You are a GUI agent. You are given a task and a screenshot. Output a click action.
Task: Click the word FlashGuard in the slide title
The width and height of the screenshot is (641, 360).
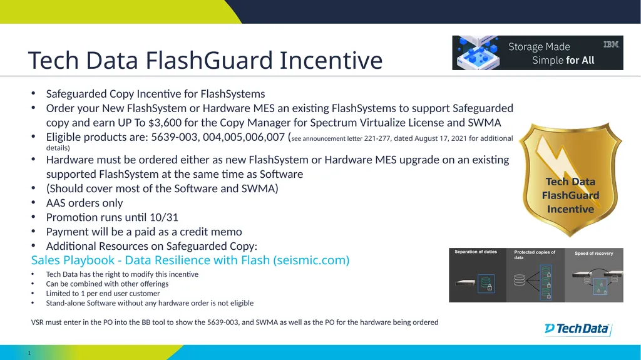tap(209, 60)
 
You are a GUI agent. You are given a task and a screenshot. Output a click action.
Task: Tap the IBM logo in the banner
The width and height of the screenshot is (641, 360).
tap(611, 44)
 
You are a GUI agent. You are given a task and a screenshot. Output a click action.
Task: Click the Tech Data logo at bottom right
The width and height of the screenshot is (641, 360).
tap(578, 329)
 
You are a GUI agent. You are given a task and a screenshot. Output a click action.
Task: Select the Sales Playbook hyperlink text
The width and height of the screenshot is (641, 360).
tap(190, 260)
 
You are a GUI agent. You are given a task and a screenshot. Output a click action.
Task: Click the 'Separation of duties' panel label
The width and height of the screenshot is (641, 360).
tap(476, 252)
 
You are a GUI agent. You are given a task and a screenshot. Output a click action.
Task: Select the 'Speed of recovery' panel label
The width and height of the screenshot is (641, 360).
tap(594, 254)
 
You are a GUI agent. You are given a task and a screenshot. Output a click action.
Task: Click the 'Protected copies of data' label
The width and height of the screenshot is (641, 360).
tap(535, 255)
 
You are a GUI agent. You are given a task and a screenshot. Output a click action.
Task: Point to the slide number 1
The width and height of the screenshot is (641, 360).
tap(29, 353)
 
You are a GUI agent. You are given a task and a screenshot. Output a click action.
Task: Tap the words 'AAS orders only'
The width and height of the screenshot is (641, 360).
tap(85, 203)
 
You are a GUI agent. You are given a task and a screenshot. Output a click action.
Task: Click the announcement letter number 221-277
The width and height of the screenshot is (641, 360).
tap(377, 138)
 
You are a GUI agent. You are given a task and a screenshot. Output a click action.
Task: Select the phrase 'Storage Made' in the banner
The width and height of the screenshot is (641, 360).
tap(539, 46)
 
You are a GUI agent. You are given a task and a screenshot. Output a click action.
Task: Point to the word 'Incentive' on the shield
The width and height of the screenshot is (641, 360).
tap(570, 209)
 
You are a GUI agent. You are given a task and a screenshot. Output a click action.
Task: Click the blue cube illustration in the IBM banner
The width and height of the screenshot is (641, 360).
tap(478, 53)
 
